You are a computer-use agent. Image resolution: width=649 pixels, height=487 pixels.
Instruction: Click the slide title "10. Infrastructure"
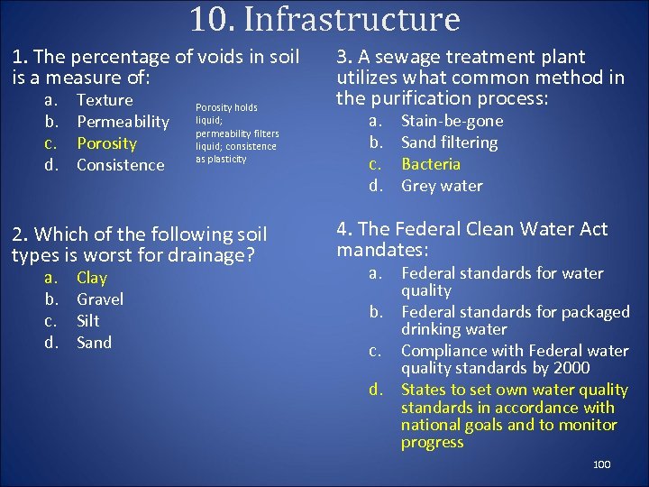coord(324,19)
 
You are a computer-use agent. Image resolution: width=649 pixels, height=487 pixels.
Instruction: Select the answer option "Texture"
coord(105,100)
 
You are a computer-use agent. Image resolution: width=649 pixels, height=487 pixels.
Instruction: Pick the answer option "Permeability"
coord(123,122)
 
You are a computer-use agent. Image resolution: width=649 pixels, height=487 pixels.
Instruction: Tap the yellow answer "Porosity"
coord(106,143)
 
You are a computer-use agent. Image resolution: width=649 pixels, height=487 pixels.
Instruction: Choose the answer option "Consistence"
coord(120,165)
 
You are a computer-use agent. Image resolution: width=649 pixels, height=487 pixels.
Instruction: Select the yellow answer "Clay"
coord(91,278)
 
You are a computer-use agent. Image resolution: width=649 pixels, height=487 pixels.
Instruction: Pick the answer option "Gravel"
coord(99,299)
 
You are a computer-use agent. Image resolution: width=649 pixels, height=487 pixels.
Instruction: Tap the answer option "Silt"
coord(87,321)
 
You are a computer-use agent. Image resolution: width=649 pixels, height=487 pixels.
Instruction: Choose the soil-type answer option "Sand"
coord(94,343)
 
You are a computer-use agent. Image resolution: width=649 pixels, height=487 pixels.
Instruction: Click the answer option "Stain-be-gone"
coord(452,121)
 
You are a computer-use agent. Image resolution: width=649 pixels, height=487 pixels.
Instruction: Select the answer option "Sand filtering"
coord(449,142)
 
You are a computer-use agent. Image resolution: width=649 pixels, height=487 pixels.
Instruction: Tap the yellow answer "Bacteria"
coord(430,164)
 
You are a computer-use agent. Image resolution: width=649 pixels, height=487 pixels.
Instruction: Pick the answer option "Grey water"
coord(442,186)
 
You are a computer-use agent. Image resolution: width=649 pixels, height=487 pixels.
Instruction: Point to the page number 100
coord(601,464)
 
